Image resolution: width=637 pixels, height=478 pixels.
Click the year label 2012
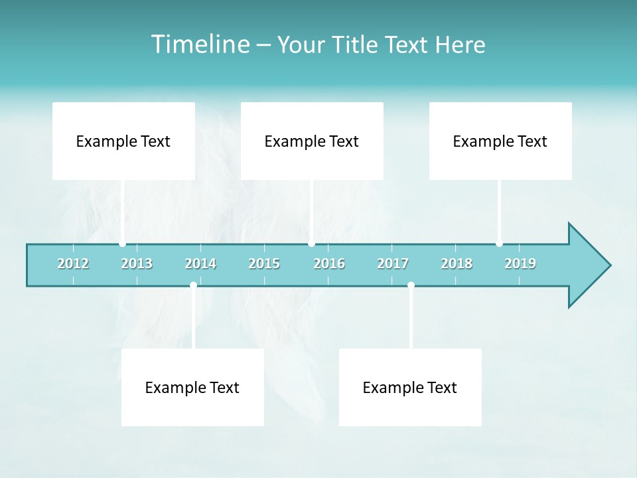(73, 264)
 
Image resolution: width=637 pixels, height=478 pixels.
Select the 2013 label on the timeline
(137, 264)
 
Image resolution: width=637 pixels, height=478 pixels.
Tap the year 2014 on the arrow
(200, 264)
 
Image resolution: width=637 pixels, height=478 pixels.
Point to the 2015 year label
(264, 264)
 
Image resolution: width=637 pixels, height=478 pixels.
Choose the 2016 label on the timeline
(329, 264)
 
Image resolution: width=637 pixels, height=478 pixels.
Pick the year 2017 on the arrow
(393, 264)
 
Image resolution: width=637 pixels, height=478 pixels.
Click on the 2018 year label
(457, 264)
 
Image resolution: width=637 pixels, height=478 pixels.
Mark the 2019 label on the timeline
(520, 264)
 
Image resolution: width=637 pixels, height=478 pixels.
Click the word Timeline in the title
(200, 44)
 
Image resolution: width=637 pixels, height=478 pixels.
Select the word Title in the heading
(356, 44)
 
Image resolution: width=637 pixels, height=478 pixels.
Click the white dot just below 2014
(193, 285)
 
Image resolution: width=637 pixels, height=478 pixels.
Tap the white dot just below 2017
(411, 285)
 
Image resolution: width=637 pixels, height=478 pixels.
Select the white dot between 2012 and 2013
(122, 244)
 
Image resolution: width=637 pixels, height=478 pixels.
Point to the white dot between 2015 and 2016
(311, 244)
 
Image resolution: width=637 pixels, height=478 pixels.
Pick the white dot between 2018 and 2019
(499, 244)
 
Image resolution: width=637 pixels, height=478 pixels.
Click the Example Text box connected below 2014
(192, 387)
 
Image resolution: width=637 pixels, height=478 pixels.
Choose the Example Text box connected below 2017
(410, 387)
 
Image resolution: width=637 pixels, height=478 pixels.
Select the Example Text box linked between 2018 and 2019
(500, 141)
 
